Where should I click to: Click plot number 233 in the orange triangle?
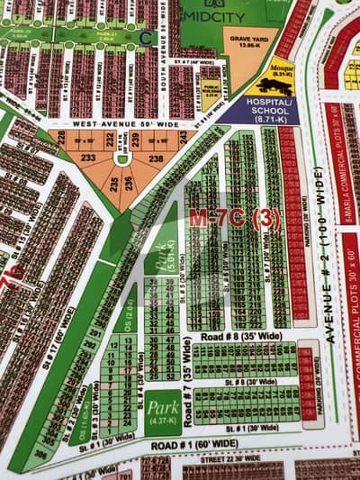pyautogui.click(x=88, y=157)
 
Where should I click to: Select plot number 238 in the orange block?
pyautogui.click(x=155, y=157)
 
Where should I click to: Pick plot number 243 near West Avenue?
pyautogui.click(x=182, y=136)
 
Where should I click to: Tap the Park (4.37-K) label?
pyautogui.click(x=162, y=411)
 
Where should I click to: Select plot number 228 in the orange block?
pyautogui.click(x=60, y=138)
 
